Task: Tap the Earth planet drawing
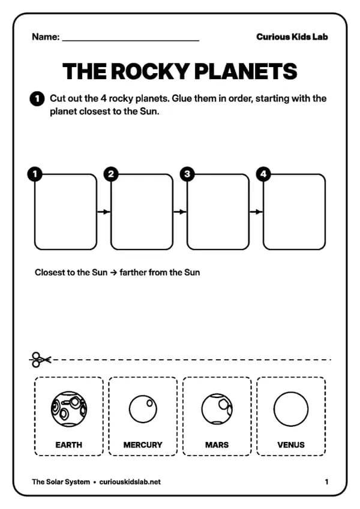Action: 69,409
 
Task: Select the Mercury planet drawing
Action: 143,409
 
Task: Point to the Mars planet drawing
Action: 217,409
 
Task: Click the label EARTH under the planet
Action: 69,445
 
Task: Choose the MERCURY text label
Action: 143,445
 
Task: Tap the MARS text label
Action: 217,445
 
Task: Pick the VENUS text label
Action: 291,445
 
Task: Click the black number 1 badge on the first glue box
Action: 35,174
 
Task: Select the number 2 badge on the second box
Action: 111,174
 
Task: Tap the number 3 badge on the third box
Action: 187,174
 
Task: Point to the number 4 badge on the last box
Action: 263,174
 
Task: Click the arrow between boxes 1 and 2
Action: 104,212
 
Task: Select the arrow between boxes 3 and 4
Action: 256,212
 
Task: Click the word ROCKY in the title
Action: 151,71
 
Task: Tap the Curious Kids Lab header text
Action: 292,37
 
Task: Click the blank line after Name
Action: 131,41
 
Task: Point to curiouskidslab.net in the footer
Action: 130,482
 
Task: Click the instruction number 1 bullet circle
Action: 37,99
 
